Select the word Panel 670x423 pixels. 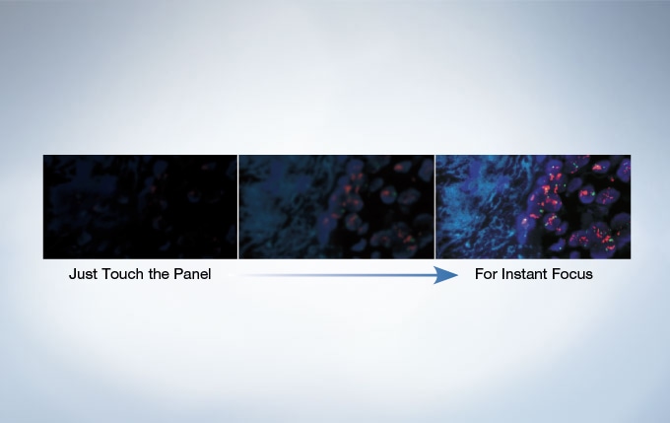(192, 274)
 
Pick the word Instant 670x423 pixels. (522, 274)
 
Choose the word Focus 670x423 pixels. (570, 274)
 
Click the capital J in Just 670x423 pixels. (73, 274)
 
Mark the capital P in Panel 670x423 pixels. (177, 274)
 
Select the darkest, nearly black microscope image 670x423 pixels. (140, 207)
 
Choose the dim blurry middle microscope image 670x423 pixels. (336, 207)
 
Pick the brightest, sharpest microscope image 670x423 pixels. (533, 207)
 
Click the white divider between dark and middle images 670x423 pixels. (238, 207)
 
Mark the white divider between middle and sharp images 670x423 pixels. (435, 207)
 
